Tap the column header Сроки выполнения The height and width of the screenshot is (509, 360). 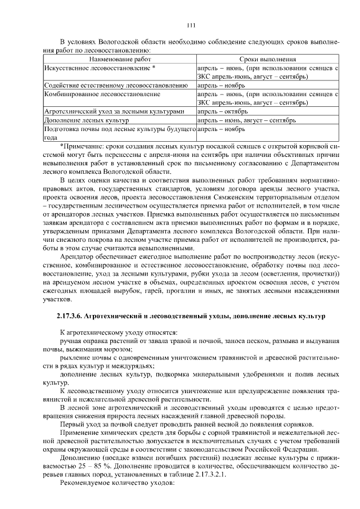[x=267, y=58]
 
